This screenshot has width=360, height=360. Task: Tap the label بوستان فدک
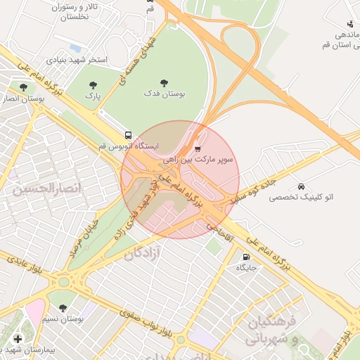164,94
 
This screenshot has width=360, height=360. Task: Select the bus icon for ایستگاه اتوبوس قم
128,134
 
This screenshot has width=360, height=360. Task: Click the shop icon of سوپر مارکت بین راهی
198,148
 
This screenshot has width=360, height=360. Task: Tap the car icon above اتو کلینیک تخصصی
301,186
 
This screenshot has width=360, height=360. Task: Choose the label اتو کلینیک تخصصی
301,198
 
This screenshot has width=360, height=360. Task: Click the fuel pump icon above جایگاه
246,257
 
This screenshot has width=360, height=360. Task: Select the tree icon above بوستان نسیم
63,308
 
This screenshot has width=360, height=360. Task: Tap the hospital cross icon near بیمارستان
18,339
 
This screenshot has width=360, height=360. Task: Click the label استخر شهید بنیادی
77,60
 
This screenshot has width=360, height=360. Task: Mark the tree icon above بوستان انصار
23,88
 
